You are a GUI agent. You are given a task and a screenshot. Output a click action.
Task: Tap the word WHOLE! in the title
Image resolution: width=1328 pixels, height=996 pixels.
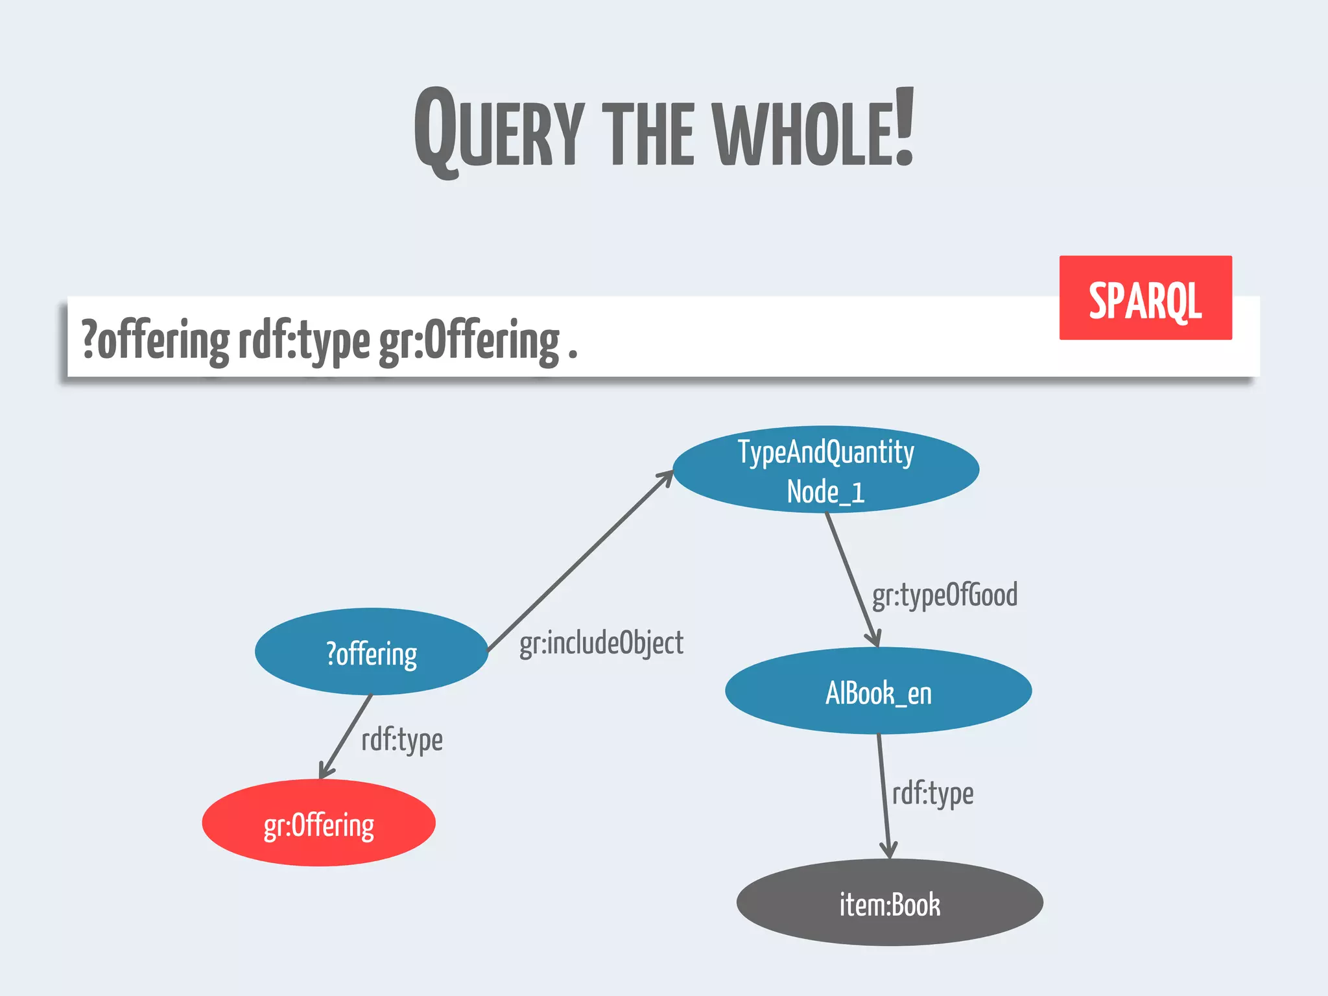pyautogui.click(x=814, y=130)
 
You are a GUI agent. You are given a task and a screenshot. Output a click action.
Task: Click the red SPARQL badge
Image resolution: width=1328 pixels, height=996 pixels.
pyautogui.click(x=1145, y=298)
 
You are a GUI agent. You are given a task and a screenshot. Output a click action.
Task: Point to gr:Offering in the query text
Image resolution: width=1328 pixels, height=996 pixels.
pyautogui.click(x=469, y=341)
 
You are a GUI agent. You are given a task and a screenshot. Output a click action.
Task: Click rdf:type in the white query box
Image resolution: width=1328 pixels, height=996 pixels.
pyautogui.click(x=304, y=341)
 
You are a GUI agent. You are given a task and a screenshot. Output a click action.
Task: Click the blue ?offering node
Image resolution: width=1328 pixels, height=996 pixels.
pyautogui.click(x=372, y=652)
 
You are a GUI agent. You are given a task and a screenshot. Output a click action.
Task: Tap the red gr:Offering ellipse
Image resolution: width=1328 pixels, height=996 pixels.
pyautogui.click(x=318, y=824)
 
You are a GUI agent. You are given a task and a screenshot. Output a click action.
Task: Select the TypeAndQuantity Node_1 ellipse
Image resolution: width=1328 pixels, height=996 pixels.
pyautogui.click(x=825, y=469)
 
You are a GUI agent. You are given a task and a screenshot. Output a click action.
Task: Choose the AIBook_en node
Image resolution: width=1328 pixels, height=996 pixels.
pyautogui.click(x=878, y=691)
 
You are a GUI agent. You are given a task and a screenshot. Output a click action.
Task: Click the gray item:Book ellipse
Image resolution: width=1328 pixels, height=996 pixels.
pyautogui.click(x=890, y=903)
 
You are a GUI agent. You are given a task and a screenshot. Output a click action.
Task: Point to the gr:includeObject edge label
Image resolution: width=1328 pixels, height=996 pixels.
pyautogui.click(x=601, y=643)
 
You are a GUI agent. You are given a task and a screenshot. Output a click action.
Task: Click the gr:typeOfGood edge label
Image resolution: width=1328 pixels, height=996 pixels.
pyautogui.click(x=944, y=595)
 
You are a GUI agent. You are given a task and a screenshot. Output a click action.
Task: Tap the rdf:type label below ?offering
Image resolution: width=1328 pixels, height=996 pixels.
pyautogui.click(x=402, y=740)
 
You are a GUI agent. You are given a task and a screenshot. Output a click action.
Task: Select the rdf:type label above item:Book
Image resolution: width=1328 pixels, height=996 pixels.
pyautogui.click(x=932, y=794)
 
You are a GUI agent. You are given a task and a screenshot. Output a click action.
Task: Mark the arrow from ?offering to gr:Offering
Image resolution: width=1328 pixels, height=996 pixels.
pyautogui.click(x=346, y=736)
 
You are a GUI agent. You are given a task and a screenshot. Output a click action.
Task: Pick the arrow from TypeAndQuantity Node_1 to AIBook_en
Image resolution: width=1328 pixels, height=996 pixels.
pyautogui.click(x=852, y=579)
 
